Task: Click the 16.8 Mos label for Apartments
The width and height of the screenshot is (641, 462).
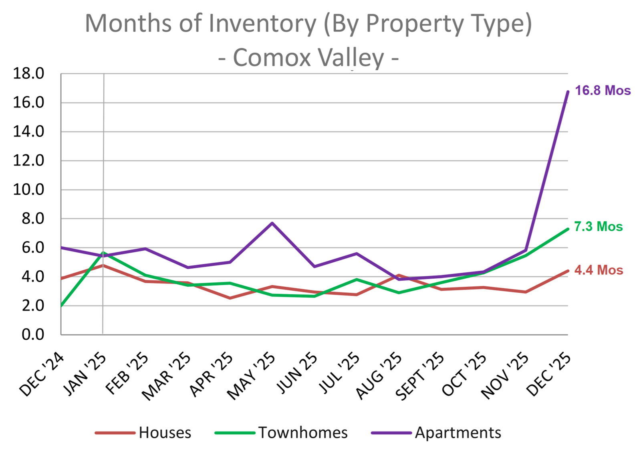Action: click(603, 91)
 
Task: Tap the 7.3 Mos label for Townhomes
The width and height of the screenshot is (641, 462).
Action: click(598, 227)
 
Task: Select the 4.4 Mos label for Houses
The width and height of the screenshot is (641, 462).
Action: click(599, 270)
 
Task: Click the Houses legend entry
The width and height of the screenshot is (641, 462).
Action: click(165, 433)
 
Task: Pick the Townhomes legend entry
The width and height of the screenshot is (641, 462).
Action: click(303, 433)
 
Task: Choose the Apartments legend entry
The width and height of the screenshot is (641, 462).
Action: click(458, 433)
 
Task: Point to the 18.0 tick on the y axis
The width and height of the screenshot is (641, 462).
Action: click(28, 74)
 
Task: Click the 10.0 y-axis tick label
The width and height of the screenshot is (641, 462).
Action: click(28, 190)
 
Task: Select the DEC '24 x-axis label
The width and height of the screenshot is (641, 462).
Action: click(41, 375)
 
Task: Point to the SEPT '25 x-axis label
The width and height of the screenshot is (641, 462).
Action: click(419, 377)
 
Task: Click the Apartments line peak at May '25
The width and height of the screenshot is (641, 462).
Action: click(272, 223)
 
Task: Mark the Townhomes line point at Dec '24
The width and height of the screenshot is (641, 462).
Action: click(61, 306)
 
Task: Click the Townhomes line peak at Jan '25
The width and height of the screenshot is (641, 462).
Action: click(103, 253)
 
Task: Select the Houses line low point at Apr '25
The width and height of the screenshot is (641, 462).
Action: click(230, 298)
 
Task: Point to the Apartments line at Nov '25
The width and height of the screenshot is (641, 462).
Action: click(526, 250)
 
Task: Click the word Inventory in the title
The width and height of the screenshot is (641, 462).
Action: click(262, 23)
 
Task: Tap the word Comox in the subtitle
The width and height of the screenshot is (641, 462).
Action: click(272, 57)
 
